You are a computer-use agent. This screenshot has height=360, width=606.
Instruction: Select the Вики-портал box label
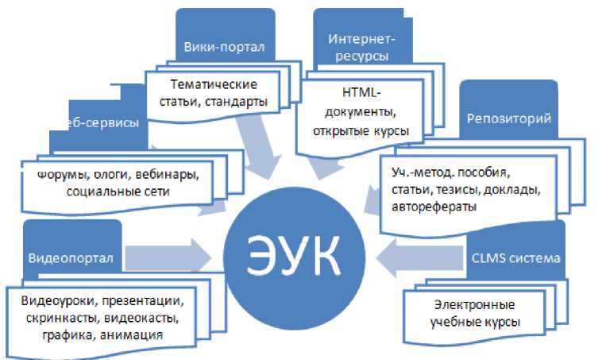tap(224, 46)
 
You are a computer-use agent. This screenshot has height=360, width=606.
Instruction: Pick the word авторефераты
tap(433, 207)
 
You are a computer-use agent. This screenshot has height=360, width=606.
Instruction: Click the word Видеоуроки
tap(58, 303)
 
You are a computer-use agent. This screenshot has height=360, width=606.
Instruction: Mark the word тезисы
tap(473, 190)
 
